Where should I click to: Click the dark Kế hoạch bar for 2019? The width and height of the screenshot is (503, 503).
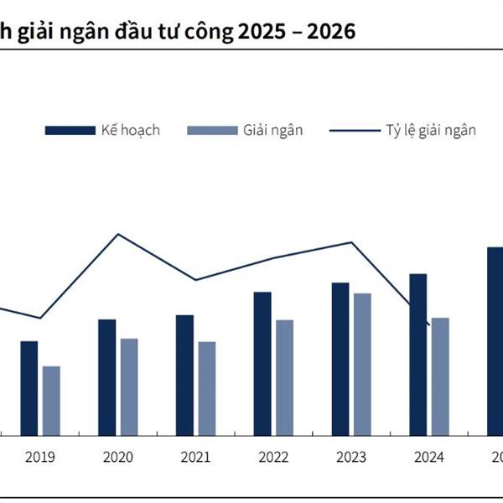tap(29, 388)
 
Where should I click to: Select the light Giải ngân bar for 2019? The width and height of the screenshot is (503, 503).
tap(51, 401)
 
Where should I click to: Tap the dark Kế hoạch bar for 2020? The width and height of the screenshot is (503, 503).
tap(106, 377)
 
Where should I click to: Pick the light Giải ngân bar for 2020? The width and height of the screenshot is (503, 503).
tap(129, 386)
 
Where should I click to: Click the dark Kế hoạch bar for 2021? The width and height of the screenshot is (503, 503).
tap(184, 375)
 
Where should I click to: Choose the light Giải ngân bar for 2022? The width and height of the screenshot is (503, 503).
tap(285, 377)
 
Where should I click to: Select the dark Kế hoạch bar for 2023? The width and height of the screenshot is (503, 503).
tap(340, 359)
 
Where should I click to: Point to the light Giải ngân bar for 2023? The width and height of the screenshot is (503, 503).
tap(362, 364)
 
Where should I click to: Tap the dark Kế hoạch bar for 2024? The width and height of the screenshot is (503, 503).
tap(418, 355)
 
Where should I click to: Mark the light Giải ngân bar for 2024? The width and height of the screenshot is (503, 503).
tap(440, 376)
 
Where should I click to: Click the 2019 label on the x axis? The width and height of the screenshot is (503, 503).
tap(40, 458)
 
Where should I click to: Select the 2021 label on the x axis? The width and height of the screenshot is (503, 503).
tap(195, 458)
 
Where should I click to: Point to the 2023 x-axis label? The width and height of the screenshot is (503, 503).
tap(351, 458)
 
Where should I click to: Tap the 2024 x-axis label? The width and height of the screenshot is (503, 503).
tap(429, 458)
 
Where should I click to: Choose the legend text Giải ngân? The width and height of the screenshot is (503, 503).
tap(273, 130)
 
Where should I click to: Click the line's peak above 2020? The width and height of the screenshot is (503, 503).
tap(118, 234)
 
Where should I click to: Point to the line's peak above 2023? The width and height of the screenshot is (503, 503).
tap(352, 242)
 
